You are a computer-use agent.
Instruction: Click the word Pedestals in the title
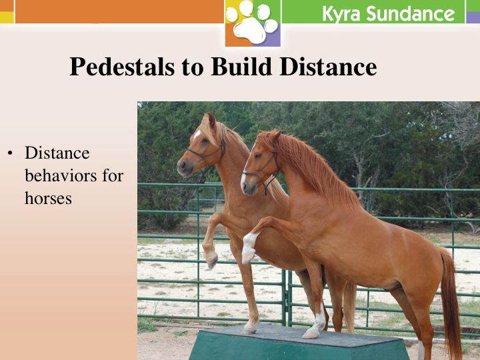(x=122, y=67)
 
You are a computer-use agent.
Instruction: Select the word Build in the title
(x=241, y=66)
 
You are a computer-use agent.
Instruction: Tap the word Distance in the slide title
(x=328, y=66)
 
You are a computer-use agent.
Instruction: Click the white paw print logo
(x=252, y=22)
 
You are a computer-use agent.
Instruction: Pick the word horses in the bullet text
(x=49, y=198)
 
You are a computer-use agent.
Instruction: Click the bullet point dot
(x=11, y=153)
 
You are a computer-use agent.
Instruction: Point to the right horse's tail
(x=450, y=303)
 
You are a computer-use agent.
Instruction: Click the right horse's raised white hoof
(x=248, y=256)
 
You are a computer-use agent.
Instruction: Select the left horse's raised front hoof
(x=211, y=260)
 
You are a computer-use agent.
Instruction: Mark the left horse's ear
(x=210, y=119)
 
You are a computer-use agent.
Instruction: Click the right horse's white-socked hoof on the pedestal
(x=311, y=334)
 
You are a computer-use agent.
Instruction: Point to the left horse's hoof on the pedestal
(x=249, y=329)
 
